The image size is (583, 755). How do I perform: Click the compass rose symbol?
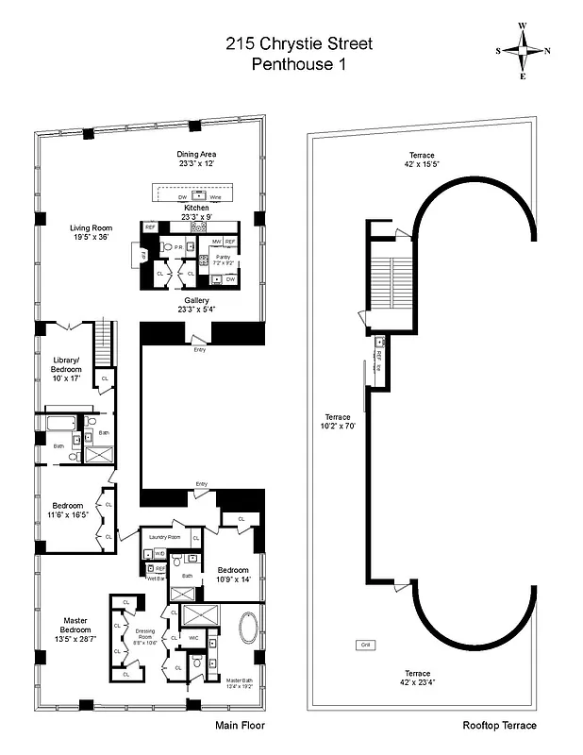point(524,51)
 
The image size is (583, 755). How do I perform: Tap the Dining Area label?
point(197,159)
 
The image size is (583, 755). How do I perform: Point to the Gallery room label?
point(197,305)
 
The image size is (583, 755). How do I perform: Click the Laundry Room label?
point(164,537)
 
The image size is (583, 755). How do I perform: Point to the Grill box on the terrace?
point(364,646)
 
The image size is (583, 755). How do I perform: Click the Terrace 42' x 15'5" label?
point(422,159)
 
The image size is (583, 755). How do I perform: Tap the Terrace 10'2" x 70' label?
point(338,421)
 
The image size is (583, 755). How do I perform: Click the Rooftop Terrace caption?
point(499,725)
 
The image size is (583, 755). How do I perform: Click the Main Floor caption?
point(241,725)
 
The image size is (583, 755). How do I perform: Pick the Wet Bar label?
point(156,579)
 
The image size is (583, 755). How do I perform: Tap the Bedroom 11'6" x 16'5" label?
point(67,510)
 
